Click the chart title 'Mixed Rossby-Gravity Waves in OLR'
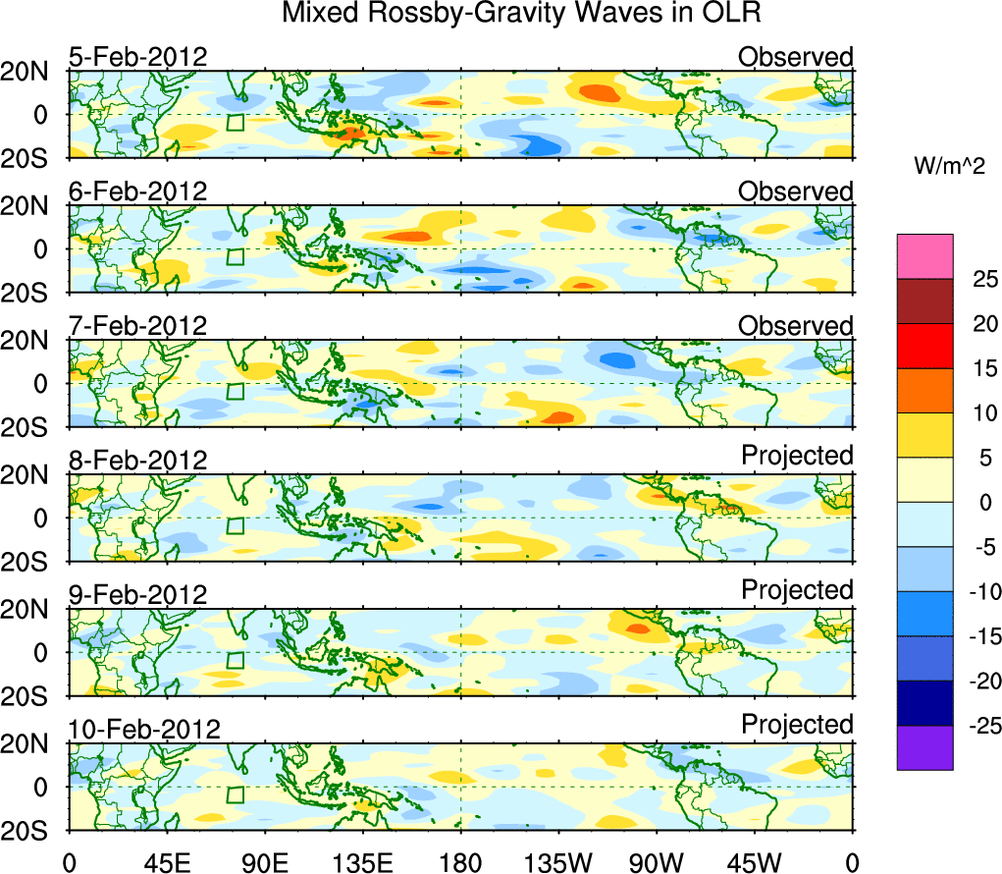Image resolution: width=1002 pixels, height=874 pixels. click(521, 14)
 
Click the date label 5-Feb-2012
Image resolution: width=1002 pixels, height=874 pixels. click(137, 57)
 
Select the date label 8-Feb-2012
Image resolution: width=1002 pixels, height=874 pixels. click(137, 461)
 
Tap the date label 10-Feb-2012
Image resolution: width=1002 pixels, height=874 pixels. click(144, 730)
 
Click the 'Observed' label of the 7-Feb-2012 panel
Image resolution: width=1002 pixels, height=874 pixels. click(796, 326)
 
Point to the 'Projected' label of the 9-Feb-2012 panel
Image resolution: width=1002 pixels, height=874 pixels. click(797, 590)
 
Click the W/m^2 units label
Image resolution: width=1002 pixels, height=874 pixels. click(948, 167)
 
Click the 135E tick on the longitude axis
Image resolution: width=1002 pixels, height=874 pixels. click(363, 863)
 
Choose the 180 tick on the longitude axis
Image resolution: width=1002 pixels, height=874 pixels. click(461, 863)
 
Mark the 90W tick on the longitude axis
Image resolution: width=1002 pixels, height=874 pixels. click(657, 863)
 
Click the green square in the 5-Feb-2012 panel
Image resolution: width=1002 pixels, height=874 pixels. click(235, 123)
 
